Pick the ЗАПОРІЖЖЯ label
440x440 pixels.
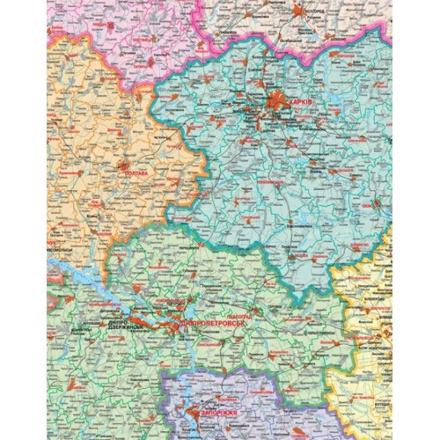(215, 411)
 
